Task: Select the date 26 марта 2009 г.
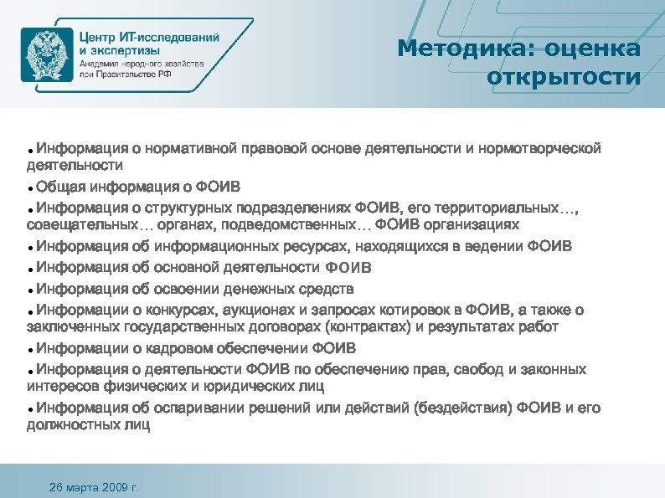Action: coord(95,486)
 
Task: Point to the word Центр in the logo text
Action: coord(101,37)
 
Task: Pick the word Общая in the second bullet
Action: coord(60,185)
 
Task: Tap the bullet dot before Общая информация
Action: coord(29,187)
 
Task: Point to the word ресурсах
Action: coord(313,246)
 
